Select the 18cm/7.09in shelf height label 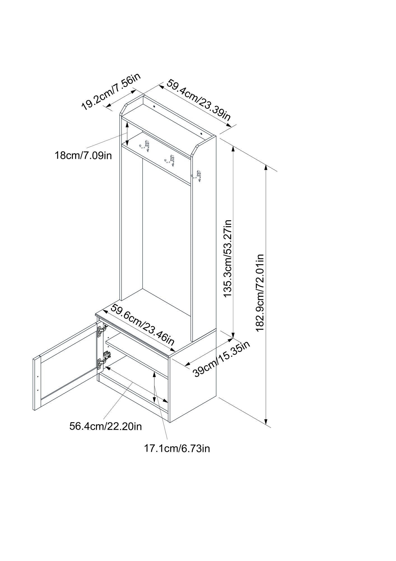[83, 155]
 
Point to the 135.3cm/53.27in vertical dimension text [228, 258]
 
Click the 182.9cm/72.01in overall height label [260, 293]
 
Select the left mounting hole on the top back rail [154, 107]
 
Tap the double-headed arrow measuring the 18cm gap [127, 134]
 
